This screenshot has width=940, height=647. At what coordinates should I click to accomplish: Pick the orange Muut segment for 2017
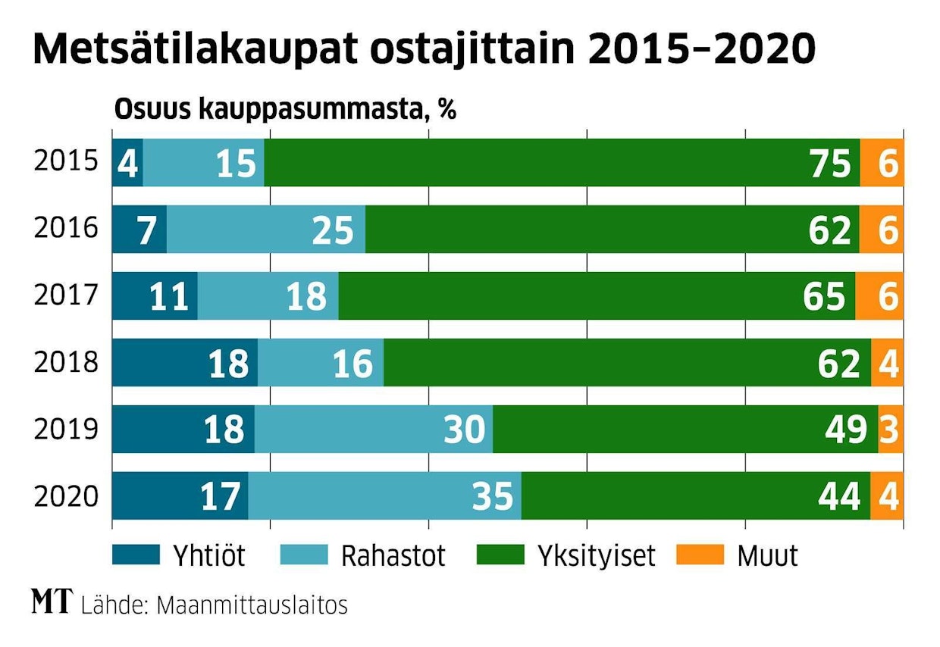click(x=879, y=296)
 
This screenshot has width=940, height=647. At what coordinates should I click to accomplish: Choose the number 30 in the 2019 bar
click(x=463, y=430)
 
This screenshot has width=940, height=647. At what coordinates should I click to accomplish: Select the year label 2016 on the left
click(x=66, y=228)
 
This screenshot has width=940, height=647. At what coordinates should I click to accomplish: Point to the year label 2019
click(x=66, y=429)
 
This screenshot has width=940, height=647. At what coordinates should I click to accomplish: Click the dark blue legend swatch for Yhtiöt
click(x=136, y=555)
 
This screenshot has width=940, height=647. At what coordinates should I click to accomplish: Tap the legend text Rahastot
click(x=392, y=556)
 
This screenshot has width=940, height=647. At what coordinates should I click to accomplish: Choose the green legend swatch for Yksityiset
click(x=500, y=555)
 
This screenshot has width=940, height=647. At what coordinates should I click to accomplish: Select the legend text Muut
click(x=766, y=556)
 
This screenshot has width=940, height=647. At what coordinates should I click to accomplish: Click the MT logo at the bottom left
click(x=52, y=603)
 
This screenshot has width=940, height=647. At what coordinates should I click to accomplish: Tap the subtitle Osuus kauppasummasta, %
click(x=285, y=111)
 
